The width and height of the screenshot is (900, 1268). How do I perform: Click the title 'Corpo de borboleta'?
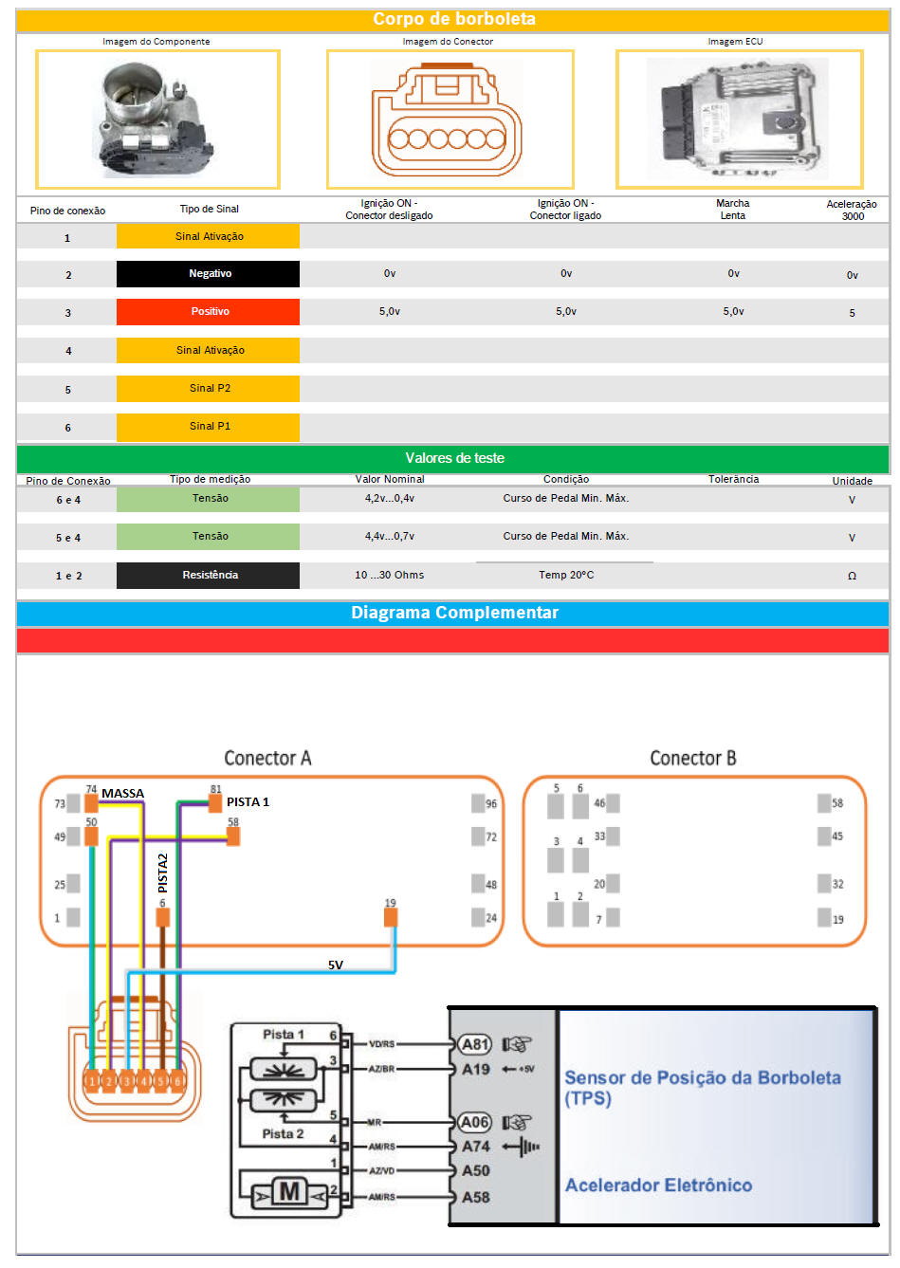click(x=453, y=19)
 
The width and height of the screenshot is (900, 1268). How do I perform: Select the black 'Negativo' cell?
click(x=209, y=274)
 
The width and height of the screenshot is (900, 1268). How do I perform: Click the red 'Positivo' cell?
click(x=209, y=312)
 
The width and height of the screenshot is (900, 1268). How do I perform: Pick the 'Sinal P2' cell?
click(x=209, y=389)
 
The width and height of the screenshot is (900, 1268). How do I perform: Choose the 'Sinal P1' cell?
click(x=209, y=427)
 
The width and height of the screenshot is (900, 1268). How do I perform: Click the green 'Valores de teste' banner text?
click(x=454, y=458)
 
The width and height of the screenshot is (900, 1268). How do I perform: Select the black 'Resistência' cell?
click(x=209, y=576)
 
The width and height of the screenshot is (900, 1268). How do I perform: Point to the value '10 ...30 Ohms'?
click(x=389, y=575)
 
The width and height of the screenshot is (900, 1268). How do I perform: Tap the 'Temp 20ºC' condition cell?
click(x=566, y=575)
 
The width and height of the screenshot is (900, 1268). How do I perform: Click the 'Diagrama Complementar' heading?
click(x=454, y=613)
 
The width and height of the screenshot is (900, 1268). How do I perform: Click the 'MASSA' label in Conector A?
click(x=122, y=794)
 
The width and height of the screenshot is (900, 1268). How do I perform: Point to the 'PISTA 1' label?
click(x=248, y=802)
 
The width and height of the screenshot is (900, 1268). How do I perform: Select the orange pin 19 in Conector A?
click(x=390, y=917)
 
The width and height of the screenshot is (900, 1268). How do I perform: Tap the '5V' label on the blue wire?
click(x=336, y=965)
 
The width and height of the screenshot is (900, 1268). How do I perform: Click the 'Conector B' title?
click(x=692, y=758)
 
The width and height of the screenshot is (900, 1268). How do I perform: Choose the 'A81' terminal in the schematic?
click(x=474, y=1044)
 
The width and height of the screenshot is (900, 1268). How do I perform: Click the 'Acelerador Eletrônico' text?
click(x=658, y=1185)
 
